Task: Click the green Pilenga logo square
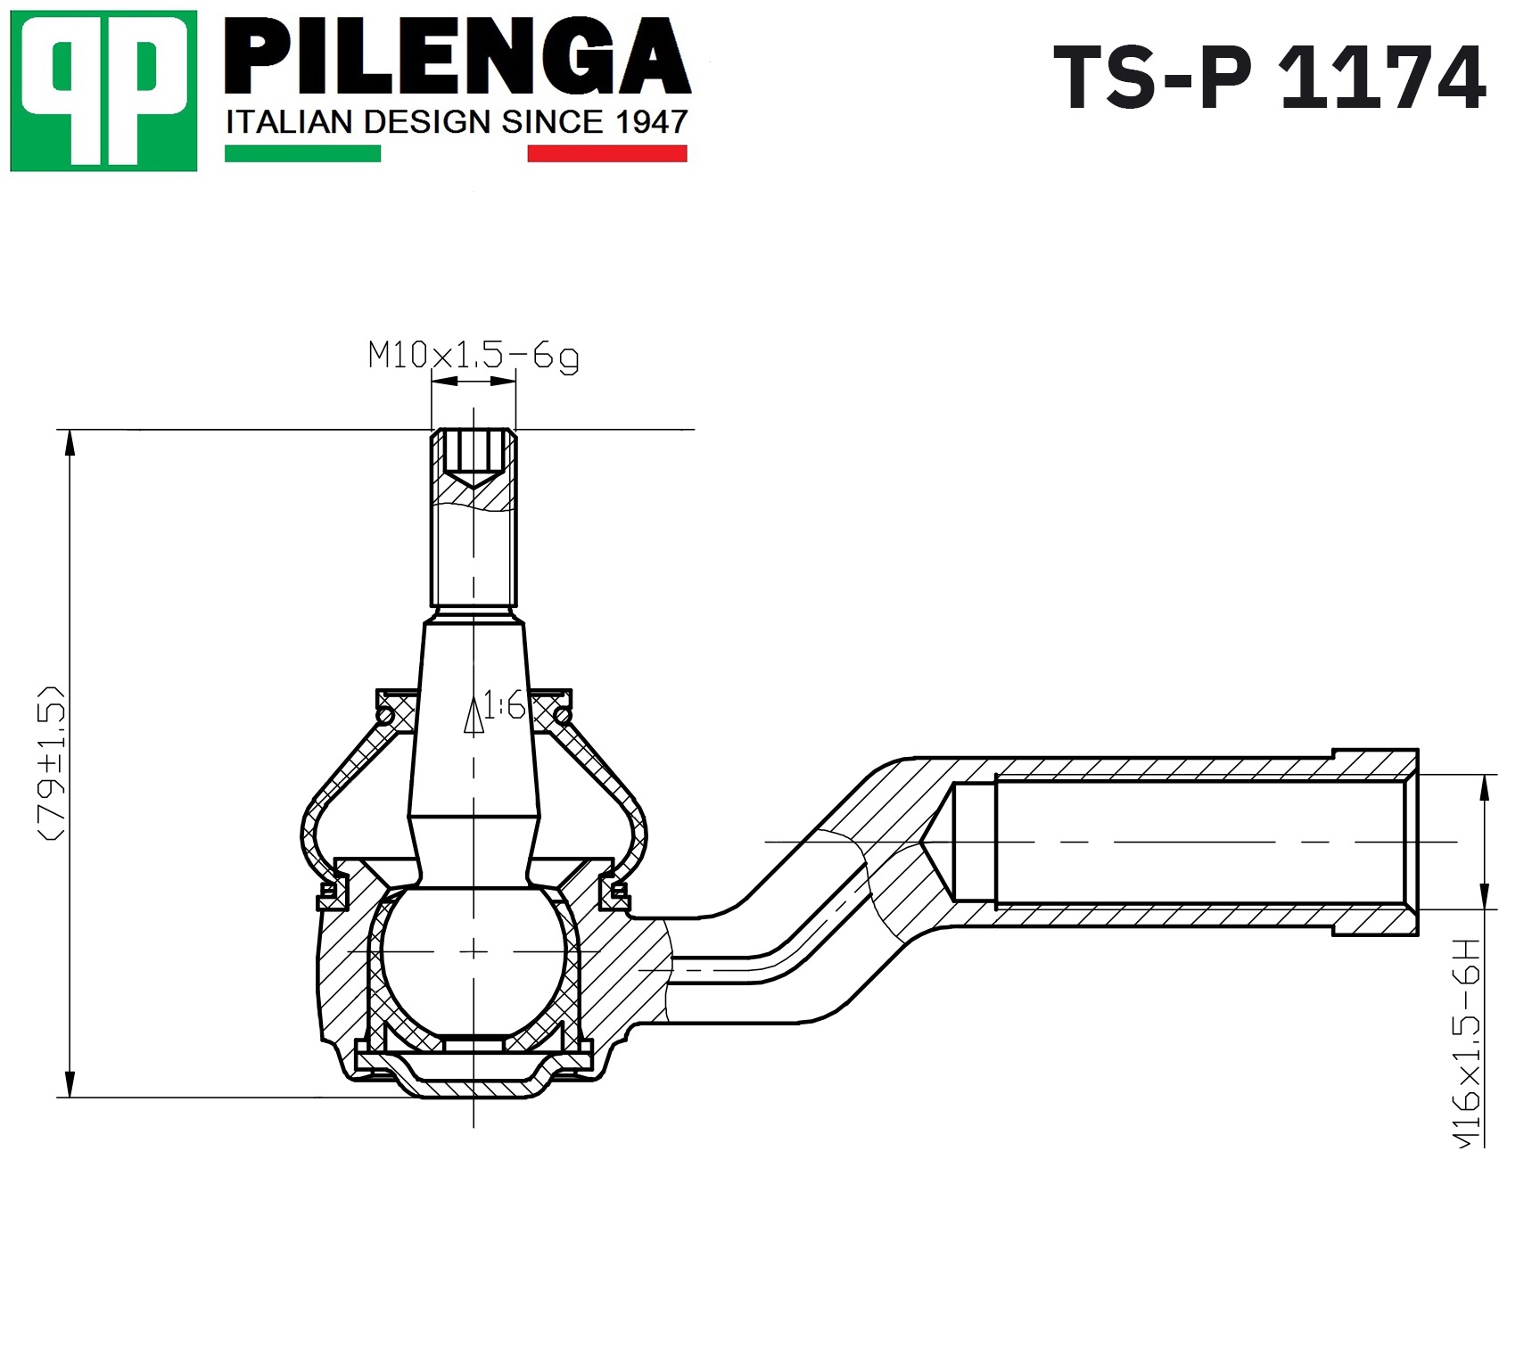click(103, 91)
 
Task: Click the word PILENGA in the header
click(457, 57)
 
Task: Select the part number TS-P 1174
click(1270, 78)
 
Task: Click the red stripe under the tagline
click(607, 153)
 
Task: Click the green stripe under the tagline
click(302, 153)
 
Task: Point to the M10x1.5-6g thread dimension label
click(474, 357)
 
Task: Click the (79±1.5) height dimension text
click(52, 763)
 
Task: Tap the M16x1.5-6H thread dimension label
click(1467, 1042)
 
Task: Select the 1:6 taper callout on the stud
click(505, 707)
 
